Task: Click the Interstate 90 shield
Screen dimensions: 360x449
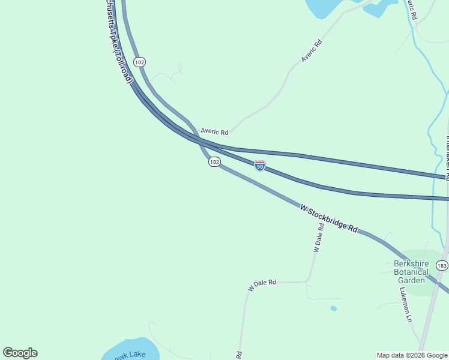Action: [x=259, y=166]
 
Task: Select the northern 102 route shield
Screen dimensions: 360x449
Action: [x=139, y=62]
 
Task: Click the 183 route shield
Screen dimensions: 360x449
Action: [x=442, y=266]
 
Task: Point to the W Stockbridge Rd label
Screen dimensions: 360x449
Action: [x=330, y=219]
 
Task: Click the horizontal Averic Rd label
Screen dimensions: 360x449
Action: [x=214, y=131]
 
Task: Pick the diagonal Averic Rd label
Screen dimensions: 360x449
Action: [x=312, y=50]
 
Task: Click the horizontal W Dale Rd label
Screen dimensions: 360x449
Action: [x=262, y=284]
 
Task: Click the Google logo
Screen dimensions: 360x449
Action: [x=20, y=353]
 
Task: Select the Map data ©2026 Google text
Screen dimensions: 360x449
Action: [x=412, y=355]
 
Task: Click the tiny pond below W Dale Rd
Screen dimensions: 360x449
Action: [x=334, y=308]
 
